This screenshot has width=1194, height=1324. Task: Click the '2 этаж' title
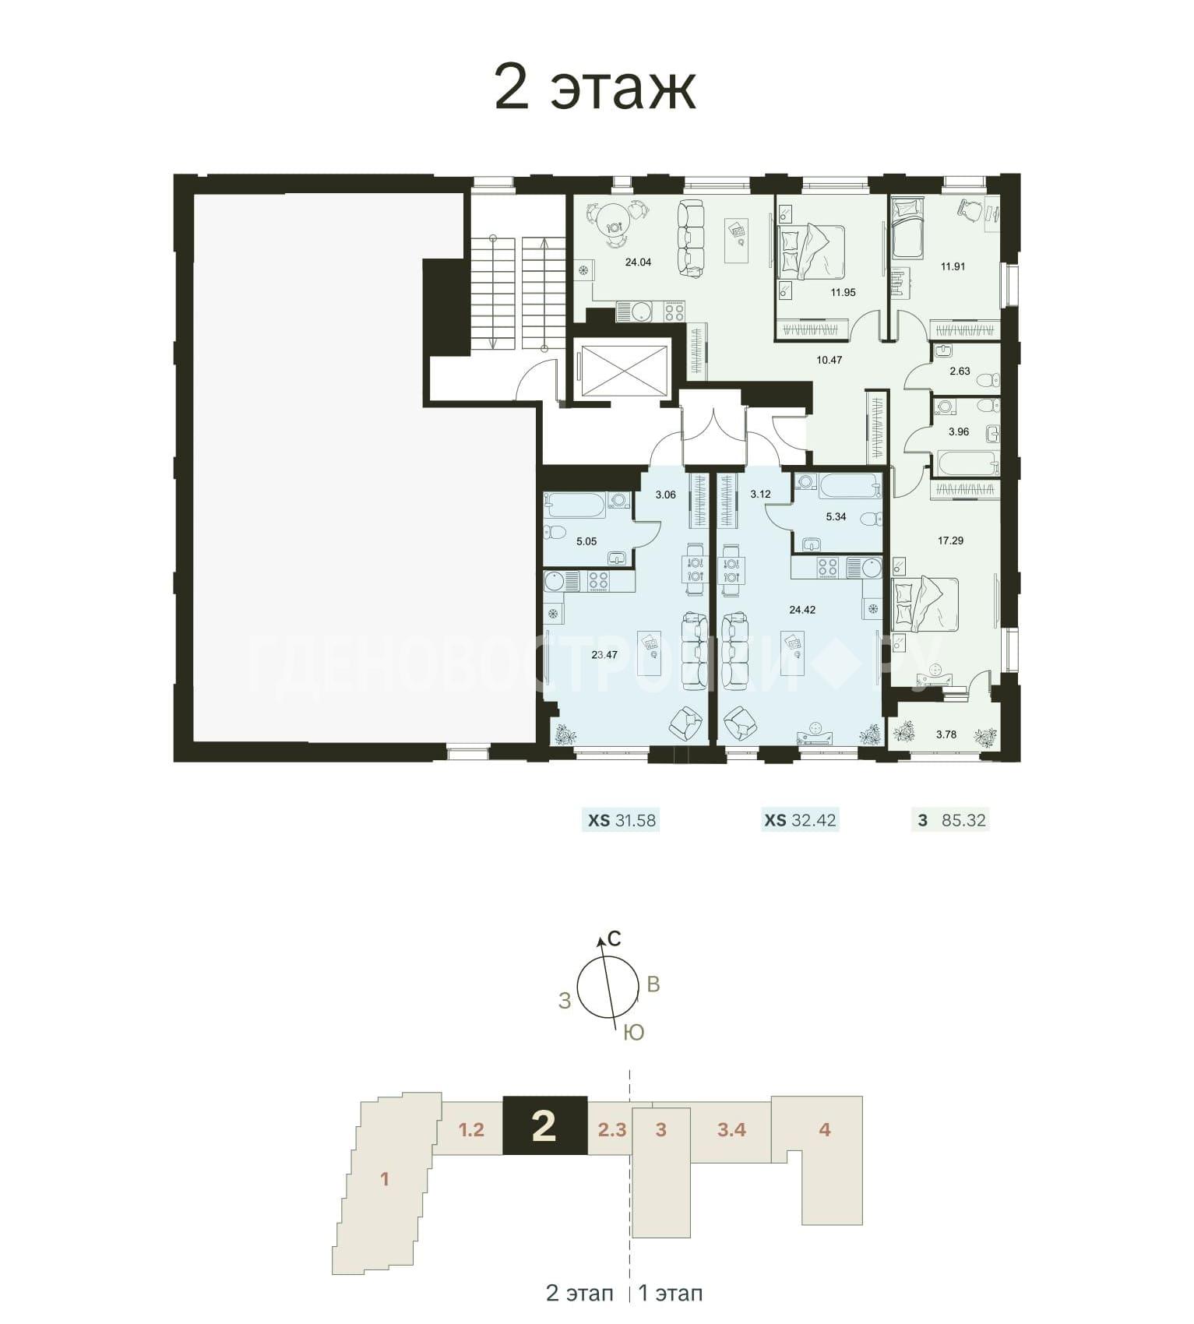point(595,88)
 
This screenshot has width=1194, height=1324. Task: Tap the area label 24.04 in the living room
point(638,262)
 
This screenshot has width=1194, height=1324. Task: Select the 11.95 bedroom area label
point(843,293)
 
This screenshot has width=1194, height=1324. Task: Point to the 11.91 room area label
point(953,266)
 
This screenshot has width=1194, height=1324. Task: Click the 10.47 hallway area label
point(829,360)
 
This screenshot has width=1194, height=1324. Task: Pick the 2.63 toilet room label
point(960,371)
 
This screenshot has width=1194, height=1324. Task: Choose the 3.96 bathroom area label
point(958,431)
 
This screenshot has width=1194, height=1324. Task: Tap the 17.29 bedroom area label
point(951,540)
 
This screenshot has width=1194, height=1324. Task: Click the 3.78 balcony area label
point(946,734)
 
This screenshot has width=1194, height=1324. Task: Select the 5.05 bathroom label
point(586,541)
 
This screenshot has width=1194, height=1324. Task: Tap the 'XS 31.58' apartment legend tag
point(621,820)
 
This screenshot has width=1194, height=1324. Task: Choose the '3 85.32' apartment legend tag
point(950,820)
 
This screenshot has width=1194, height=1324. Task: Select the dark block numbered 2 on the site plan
point(544,1125)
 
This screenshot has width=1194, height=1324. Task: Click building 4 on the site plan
point(825,1129)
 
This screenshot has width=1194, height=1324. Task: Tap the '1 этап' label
point(671,1294)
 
